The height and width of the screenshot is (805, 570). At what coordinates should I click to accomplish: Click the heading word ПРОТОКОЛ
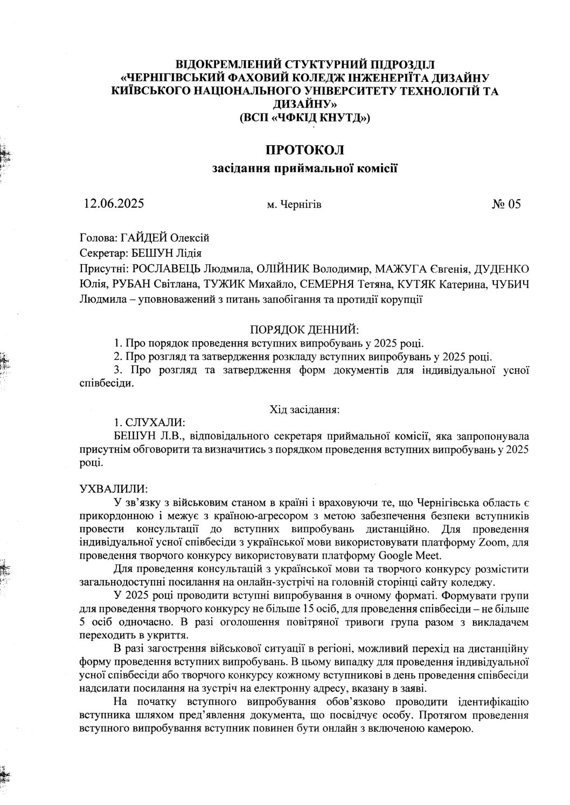point(304,149)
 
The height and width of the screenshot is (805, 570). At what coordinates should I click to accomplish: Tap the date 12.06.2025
point(114,203)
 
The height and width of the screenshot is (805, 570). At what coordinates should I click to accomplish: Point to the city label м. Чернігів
point(294,204)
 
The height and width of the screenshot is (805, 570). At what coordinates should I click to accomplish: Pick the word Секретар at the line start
point(99,253)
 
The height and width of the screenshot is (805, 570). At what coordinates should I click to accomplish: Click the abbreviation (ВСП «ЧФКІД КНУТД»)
point(304,117)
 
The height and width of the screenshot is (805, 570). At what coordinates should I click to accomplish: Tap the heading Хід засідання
point(304,410)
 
